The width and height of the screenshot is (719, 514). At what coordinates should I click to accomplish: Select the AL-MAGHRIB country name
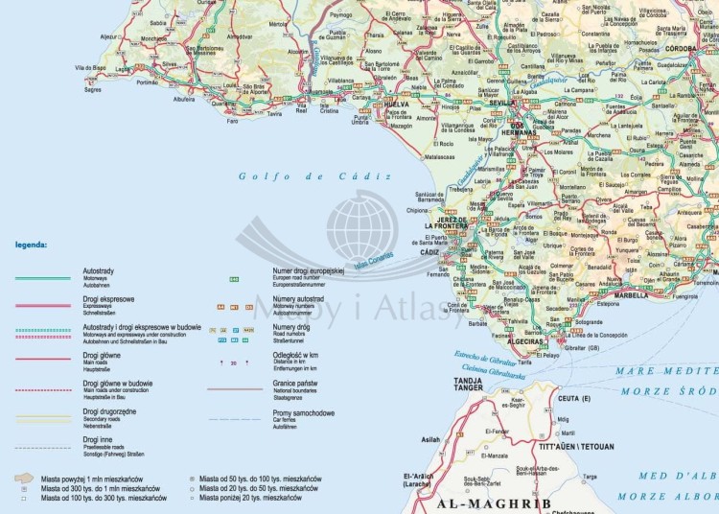click(x=492, y=502)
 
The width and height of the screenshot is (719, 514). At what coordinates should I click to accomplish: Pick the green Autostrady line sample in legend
click(x=42, y=278)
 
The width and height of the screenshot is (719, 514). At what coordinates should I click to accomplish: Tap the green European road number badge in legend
click(x=233, y=279)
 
